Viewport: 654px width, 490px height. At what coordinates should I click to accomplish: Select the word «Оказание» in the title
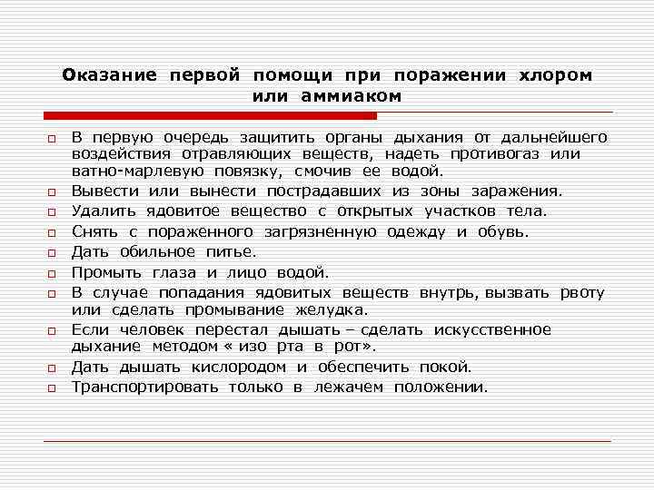[x=110, y=75]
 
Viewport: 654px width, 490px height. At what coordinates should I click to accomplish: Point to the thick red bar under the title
[x=210, y=116]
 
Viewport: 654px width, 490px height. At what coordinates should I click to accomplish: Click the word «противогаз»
[x=514, y=154]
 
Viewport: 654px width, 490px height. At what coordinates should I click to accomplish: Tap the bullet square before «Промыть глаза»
[x=53, y=273]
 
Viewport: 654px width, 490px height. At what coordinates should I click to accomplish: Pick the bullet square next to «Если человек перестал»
[x=53, y=331]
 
